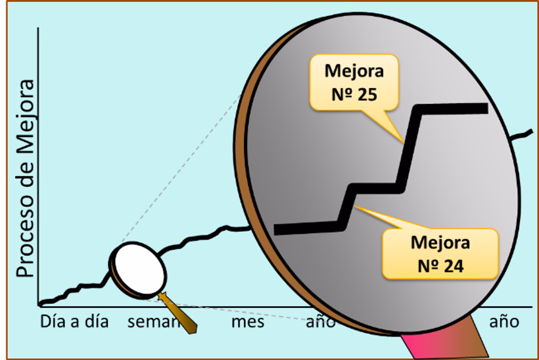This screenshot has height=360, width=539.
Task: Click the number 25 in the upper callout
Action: click(368, 95)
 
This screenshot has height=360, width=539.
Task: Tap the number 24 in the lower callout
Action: click(454, 266)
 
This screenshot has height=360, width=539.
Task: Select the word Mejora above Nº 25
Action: click(354, 71)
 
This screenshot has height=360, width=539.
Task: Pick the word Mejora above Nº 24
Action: click(440, 243)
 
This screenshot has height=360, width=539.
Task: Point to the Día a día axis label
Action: click(74, 322)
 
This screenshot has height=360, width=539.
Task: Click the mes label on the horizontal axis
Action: click(248, 322)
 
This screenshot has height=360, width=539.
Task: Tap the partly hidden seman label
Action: click(153, 322)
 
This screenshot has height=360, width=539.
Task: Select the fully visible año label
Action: click(504, 322)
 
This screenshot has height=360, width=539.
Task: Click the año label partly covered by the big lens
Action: click(318, 322)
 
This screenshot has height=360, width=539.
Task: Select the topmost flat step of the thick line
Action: click(453, 109)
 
